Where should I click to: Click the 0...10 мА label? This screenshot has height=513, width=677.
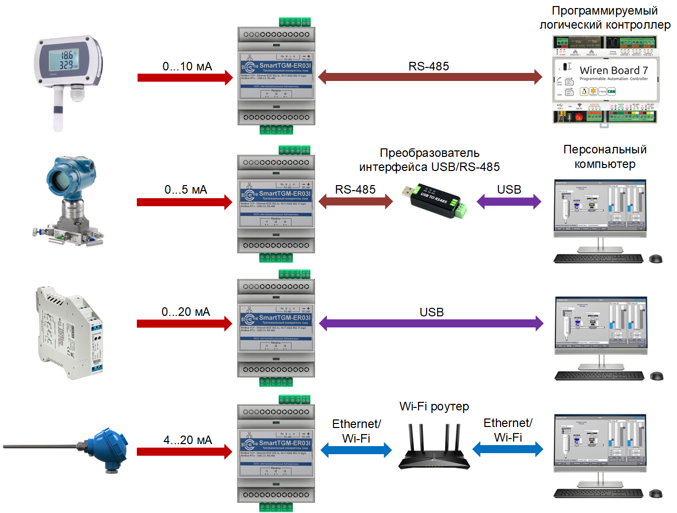coord(187,66)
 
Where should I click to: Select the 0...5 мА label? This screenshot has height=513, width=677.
coord(186,190)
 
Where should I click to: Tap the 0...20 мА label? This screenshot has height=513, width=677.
coord(186,312)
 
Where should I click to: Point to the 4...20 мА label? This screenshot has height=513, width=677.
coord(188,440)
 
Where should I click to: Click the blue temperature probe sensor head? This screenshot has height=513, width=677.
coord(109,449)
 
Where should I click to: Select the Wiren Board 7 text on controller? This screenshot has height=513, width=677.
coord(613,70)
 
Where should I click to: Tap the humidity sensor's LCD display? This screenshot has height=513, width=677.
coord(63,60)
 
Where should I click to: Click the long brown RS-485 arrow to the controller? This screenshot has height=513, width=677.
coord(430,77)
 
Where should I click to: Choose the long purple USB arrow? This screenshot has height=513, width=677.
coord(431,323)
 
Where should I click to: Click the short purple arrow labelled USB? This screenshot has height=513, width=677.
coord(509,202)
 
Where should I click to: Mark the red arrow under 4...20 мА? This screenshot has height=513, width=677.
coord(185,452)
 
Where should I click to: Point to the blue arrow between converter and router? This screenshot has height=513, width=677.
coord(356,450)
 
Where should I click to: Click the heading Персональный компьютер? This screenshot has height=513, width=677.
coord(605,156)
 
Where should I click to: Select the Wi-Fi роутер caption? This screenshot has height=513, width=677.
coord(434,406)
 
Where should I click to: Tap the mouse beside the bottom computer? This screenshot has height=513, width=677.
coord(655,493)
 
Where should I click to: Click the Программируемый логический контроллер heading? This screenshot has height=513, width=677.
coord(605,18)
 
